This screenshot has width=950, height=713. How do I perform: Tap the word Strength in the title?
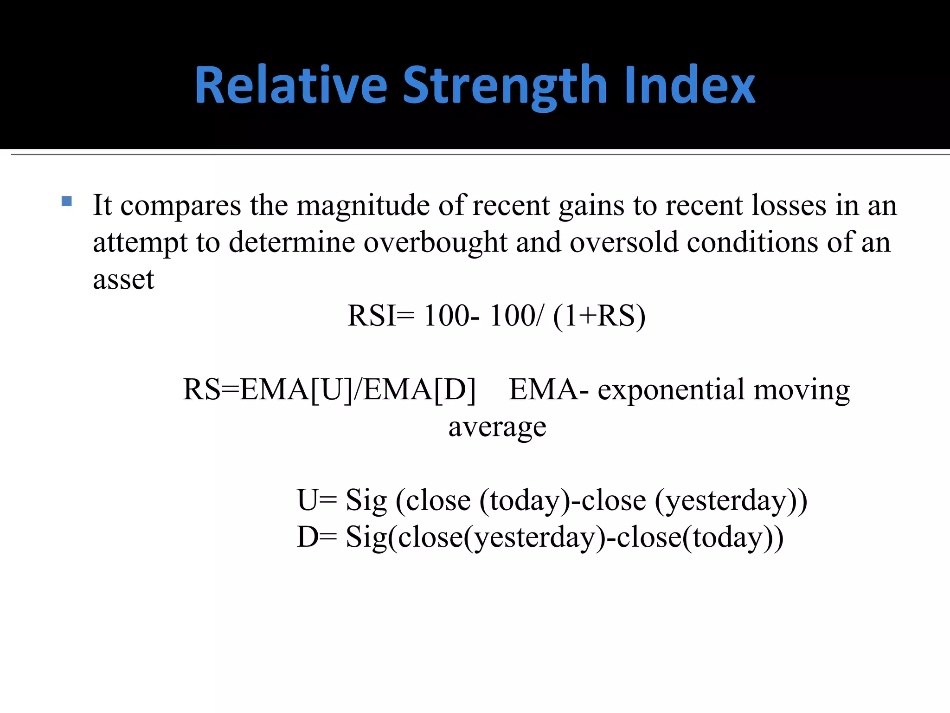505,86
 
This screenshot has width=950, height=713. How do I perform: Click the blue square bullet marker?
66,201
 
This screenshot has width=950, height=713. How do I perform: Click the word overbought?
435,242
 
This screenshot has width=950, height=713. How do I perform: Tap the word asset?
123,279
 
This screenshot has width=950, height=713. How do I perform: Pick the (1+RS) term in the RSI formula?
599,316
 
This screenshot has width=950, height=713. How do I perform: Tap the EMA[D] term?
420,389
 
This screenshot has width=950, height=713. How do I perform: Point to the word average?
497,428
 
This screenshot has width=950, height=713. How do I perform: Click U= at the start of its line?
317,500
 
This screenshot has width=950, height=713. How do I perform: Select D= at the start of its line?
317,537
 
